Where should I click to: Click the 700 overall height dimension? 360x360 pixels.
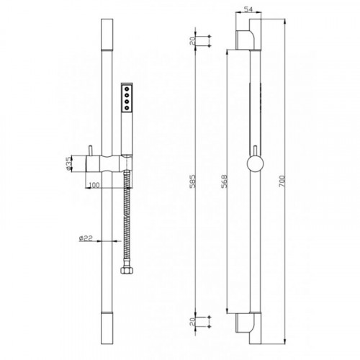pyautogui.click(x=282, y=181)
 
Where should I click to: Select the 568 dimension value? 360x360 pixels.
pyautogui.click(x=224, y=181)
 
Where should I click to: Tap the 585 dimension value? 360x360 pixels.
pyautogui.click(x=193, y=181)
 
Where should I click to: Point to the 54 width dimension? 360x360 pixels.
pyautogui.click(x=248, y=9)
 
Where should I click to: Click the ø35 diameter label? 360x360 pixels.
pyautogui.click(x=68, y=163)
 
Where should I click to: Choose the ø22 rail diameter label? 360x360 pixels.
pyautogui.click(x=86, y=238)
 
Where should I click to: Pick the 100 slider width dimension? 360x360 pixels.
pyautogui.click(x=94, y=185)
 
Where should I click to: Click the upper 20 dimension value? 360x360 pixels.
pyautogui.click(x=193, y=41)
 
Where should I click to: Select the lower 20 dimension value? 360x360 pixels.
pyautogui.click(x=193, y=322)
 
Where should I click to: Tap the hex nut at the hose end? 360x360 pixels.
pyautogui.click(x=127, y=271)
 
